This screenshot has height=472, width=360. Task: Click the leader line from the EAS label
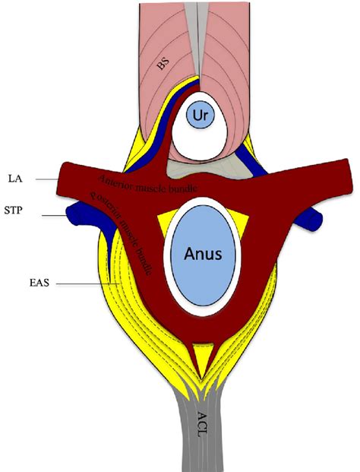pos(84,286)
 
